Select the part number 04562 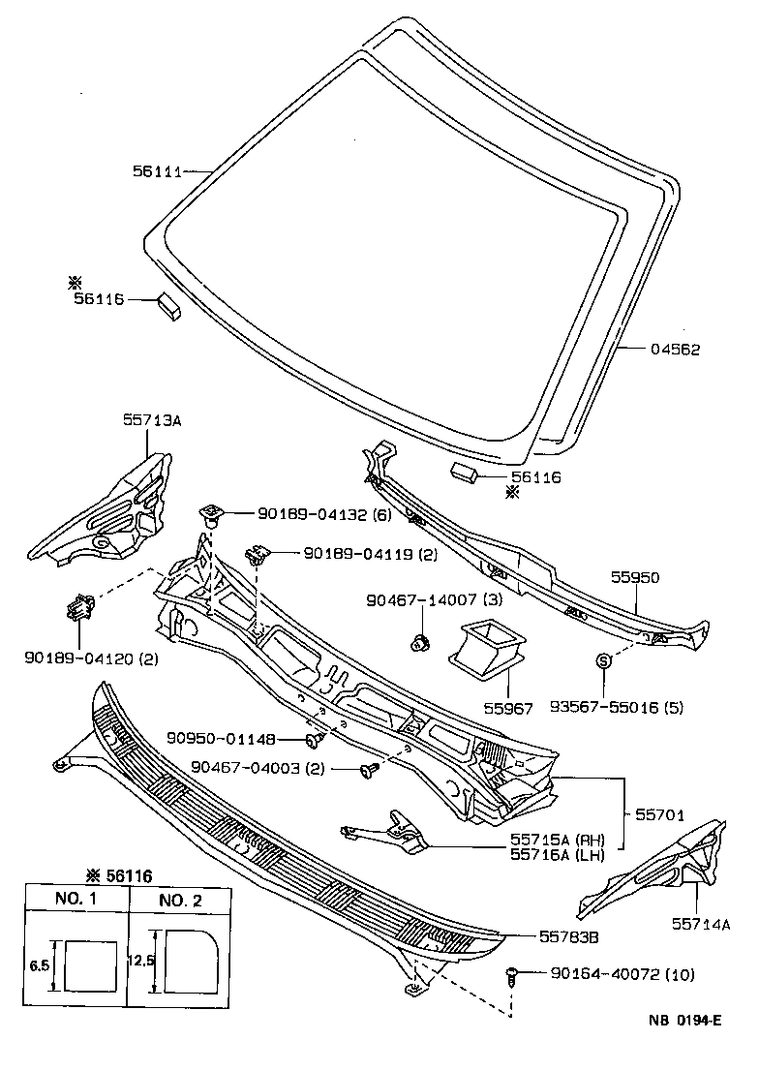point(676,350)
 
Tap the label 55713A point(152,420)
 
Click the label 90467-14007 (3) point(435,600)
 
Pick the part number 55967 point(509,708)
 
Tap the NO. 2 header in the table point(180,900)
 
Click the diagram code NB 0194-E point(684,1021)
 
